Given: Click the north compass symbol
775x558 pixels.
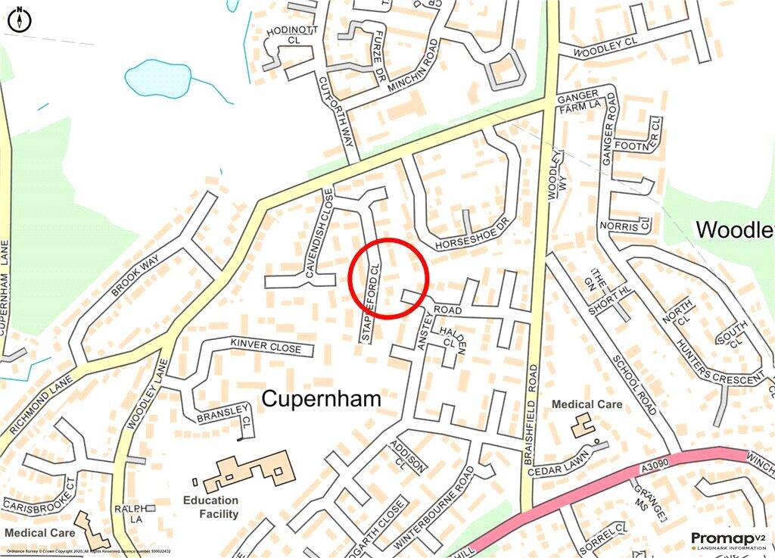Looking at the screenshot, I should pos(19,20).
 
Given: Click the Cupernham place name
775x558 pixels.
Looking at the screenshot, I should pos(321,399).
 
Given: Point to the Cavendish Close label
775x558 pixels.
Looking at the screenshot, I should pos(318,236).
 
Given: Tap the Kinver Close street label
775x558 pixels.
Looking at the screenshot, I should pos(266,347).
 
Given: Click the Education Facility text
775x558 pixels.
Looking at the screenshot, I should pos(210,507).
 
